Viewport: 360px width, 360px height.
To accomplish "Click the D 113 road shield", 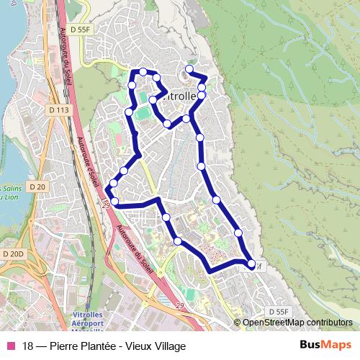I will [60, 110].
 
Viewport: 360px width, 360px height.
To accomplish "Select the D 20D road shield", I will [12, 253].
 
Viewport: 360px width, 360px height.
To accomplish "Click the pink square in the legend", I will [10, 346].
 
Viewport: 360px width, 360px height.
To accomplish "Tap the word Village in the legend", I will [168, 346].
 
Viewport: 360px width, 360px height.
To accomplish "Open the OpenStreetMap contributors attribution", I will [297, 323].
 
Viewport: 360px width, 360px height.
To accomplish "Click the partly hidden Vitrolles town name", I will [180, 96].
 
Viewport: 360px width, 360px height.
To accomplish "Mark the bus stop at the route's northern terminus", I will [189, 69].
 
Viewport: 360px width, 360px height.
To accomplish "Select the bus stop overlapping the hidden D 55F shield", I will [251, 265].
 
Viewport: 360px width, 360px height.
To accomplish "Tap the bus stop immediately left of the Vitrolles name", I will [153, 100].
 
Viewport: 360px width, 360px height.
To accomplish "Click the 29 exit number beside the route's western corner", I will [106, 207].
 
